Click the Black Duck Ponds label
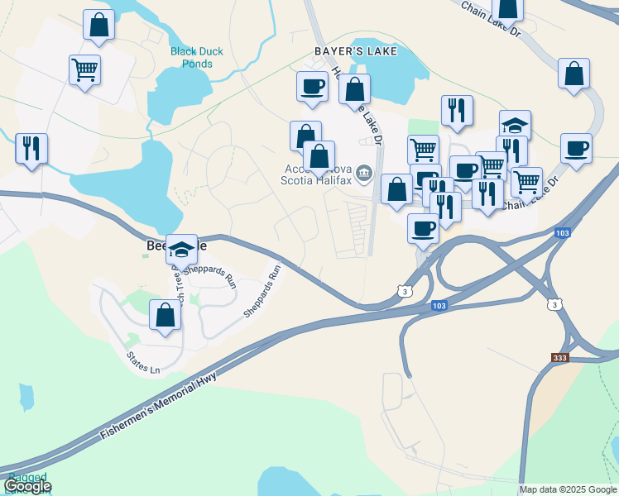click(x=197, y=57)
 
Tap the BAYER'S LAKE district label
click(x=356, y=51)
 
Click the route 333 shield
click(x=560, y=357)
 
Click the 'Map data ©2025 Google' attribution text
click(x=567, y=489)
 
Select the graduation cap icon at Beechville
click(x=181, y=249)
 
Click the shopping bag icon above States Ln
click(x=165, y=315)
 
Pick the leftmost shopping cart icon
click(x=84, y=70)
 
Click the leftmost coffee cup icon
click(x=312, y=87)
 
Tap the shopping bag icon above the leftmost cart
click(x=98, y=26)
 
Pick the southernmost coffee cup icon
click(x=423, y=228)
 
